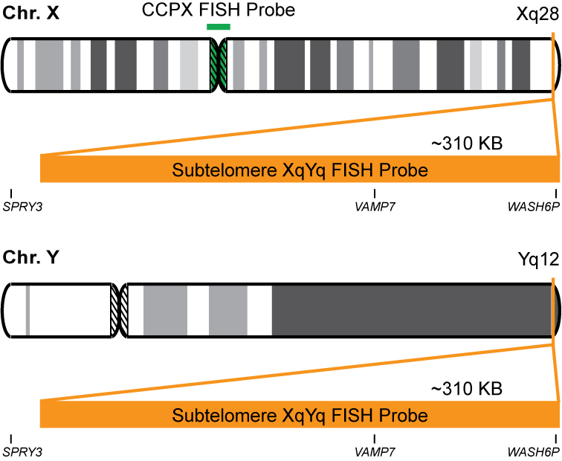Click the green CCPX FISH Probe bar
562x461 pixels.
click(x=219, y=27)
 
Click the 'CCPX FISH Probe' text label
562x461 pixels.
click(x=219, y=10)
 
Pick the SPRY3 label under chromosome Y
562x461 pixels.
click(x=23, y=451)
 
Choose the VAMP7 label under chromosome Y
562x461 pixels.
click(x=374, y=451)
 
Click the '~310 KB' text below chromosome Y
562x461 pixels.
click(x=467, y=388)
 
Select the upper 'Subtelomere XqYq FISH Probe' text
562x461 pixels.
click(x=300, y=170)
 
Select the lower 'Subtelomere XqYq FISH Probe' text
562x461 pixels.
click(x=300, y=415)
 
